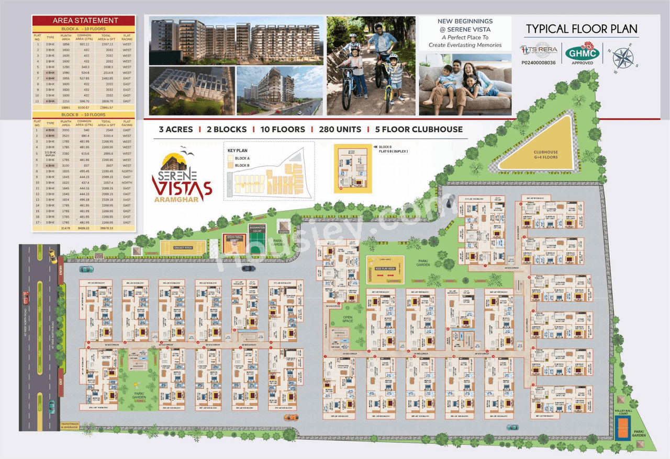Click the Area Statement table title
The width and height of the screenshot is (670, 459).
coord(85,20)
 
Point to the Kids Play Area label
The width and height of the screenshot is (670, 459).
coord(385,268)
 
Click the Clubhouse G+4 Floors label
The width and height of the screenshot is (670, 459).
coord(546,155)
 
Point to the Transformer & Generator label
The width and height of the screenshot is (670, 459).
coord(70,426)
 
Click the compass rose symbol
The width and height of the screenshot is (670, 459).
coord(623,54)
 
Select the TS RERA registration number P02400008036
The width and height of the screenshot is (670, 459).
coord(539,62)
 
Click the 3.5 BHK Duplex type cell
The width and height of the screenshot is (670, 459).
coord(51,154)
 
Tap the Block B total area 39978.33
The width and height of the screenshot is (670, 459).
coord(106,228)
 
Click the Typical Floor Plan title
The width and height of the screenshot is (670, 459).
coord(582,29)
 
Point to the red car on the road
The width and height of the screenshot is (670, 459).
coord(26,299)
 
